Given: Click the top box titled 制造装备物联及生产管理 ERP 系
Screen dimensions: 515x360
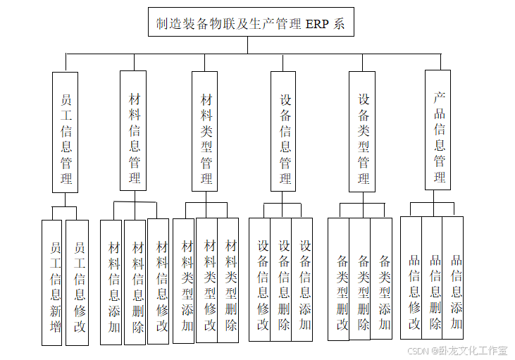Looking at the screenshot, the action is pos(250,23).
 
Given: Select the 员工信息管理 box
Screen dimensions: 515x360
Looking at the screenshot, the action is pos(66,132).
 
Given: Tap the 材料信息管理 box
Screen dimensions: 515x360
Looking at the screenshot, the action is pos(134,130).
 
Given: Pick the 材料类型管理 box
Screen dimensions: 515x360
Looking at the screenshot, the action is pos(206,130).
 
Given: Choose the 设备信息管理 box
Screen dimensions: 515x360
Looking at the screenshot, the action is pos(285,130).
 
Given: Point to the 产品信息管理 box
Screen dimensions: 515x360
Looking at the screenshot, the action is pos(438,130).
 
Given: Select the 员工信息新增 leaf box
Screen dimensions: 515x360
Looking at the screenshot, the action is pos(54,283).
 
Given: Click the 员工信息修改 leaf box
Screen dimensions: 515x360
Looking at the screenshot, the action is pos(77,283).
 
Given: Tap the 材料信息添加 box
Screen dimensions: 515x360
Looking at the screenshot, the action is pos(113,282).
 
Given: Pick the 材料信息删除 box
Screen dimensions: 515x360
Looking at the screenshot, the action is pos(137,282).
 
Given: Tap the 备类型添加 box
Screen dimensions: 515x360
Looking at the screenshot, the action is pos(383,279).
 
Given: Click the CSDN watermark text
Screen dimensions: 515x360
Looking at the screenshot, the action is pos(418,350).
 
